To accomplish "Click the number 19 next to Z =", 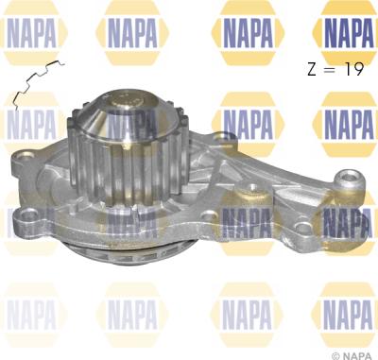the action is [354, 69].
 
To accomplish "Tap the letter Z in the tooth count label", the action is [312, 70].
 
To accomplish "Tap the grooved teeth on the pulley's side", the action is [129, 170].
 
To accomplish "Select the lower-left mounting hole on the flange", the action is [29, 215].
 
